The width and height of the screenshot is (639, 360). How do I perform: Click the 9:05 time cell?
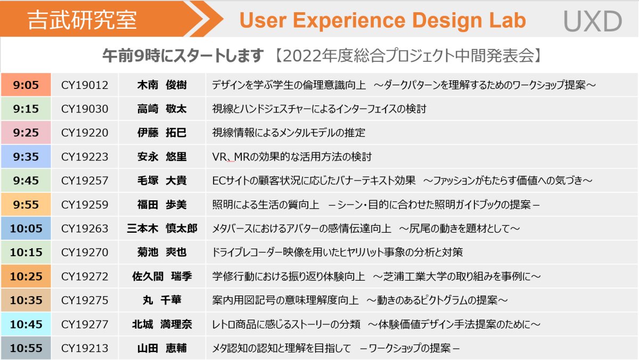pos(26,85)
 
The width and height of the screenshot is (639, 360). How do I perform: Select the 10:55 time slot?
pos(26,348)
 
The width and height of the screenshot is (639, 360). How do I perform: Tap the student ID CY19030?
pos(85,109)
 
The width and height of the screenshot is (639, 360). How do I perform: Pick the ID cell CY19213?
pos(85,348)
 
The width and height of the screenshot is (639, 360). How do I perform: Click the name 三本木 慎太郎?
pos(162,228)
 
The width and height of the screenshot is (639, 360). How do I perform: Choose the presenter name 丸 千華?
pos(162,300)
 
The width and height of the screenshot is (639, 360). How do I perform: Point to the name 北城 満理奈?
pos(162,324)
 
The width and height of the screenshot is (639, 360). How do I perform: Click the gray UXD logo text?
pos(593,21)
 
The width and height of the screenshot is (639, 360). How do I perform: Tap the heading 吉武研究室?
pos(82,20)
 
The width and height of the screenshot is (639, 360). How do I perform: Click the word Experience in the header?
pos(349,21)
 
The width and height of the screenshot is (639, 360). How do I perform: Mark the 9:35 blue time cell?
pos(26,157)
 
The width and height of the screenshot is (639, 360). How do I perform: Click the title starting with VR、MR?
pos(292,157)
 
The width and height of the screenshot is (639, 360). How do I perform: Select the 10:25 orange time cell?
pos(26,276)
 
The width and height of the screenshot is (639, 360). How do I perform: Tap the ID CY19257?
pos(85,181)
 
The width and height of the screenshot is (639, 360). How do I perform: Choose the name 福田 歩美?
pos(162,204)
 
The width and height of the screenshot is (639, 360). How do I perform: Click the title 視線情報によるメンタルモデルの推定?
pos(289,133)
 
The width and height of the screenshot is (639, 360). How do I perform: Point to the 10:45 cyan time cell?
pos(26,324)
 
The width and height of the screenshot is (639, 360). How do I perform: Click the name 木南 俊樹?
pos(162,85)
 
